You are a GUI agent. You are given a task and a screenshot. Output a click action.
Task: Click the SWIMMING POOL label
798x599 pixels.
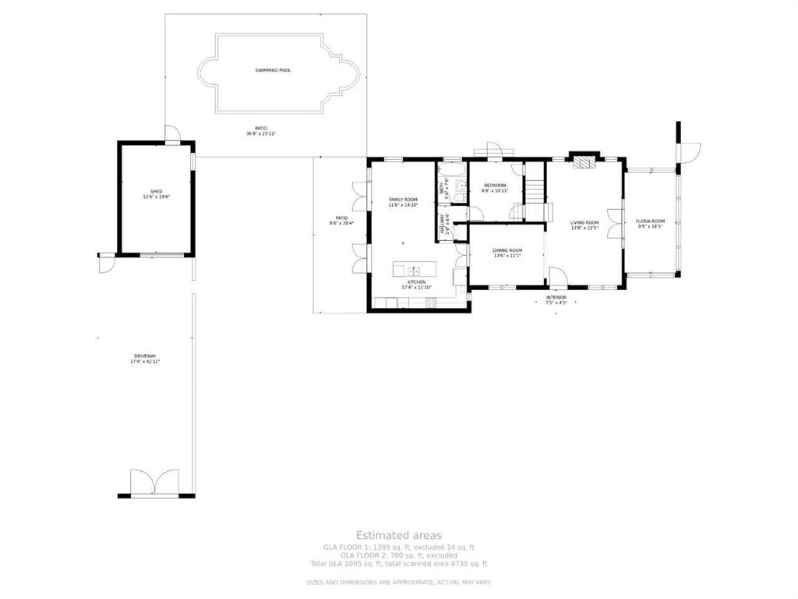coord(273,70)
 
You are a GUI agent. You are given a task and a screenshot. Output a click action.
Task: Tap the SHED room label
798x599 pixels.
coord(156,190)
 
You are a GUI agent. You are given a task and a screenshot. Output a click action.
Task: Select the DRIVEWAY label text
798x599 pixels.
coord(145,356)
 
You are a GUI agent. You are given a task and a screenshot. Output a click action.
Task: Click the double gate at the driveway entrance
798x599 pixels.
coord(154,484)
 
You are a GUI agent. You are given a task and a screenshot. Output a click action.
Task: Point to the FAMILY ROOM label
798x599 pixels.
coord(403,200)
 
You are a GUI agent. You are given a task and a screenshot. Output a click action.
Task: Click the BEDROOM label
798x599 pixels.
coord(494,186)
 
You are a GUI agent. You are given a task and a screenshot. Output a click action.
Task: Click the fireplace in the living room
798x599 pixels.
coord(583,162)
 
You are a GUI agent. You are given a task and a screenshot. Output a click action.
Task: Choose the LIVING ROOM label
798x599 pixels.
coord(584,222)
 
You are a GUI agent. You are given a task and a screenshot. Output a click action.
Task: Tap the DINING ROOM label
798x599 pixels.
coord(507,250)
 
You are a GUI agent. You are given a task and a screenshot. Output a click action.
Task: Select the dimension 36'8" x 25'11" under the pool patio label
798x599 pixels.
coord(261,134)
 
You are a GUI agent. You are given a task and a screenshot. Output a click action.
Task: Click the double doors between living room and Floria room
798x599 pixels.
coord(620,224)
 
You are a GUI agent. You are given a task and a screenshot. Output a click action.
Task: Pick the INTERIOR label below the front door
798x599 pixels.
coord(556,297)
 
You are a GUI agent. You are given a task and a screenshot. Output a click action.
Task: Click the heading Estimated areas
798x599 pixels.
coord(399,535)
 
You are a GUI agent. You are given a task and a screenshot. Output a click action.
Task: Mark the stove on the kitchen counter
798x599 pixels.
coord(429,302)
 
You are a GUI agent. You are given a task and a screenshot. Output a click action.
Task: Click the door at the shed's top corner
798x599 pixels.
coord(172,135)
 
